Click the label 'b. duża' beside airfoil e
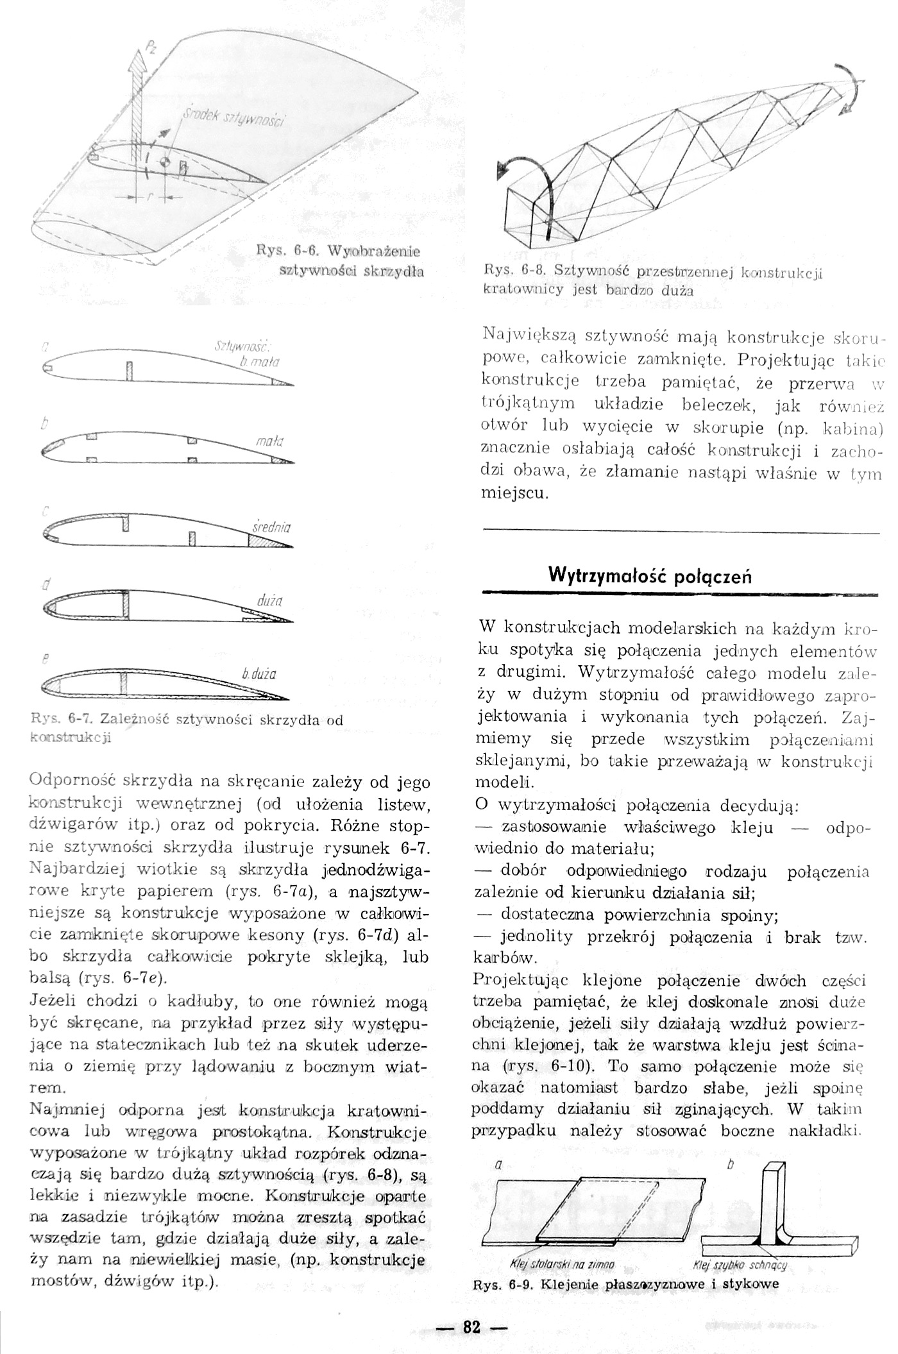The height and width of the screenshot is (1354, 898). point(259,674)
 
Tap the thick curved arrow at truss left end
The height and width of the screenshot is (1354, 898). point(526,176)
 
